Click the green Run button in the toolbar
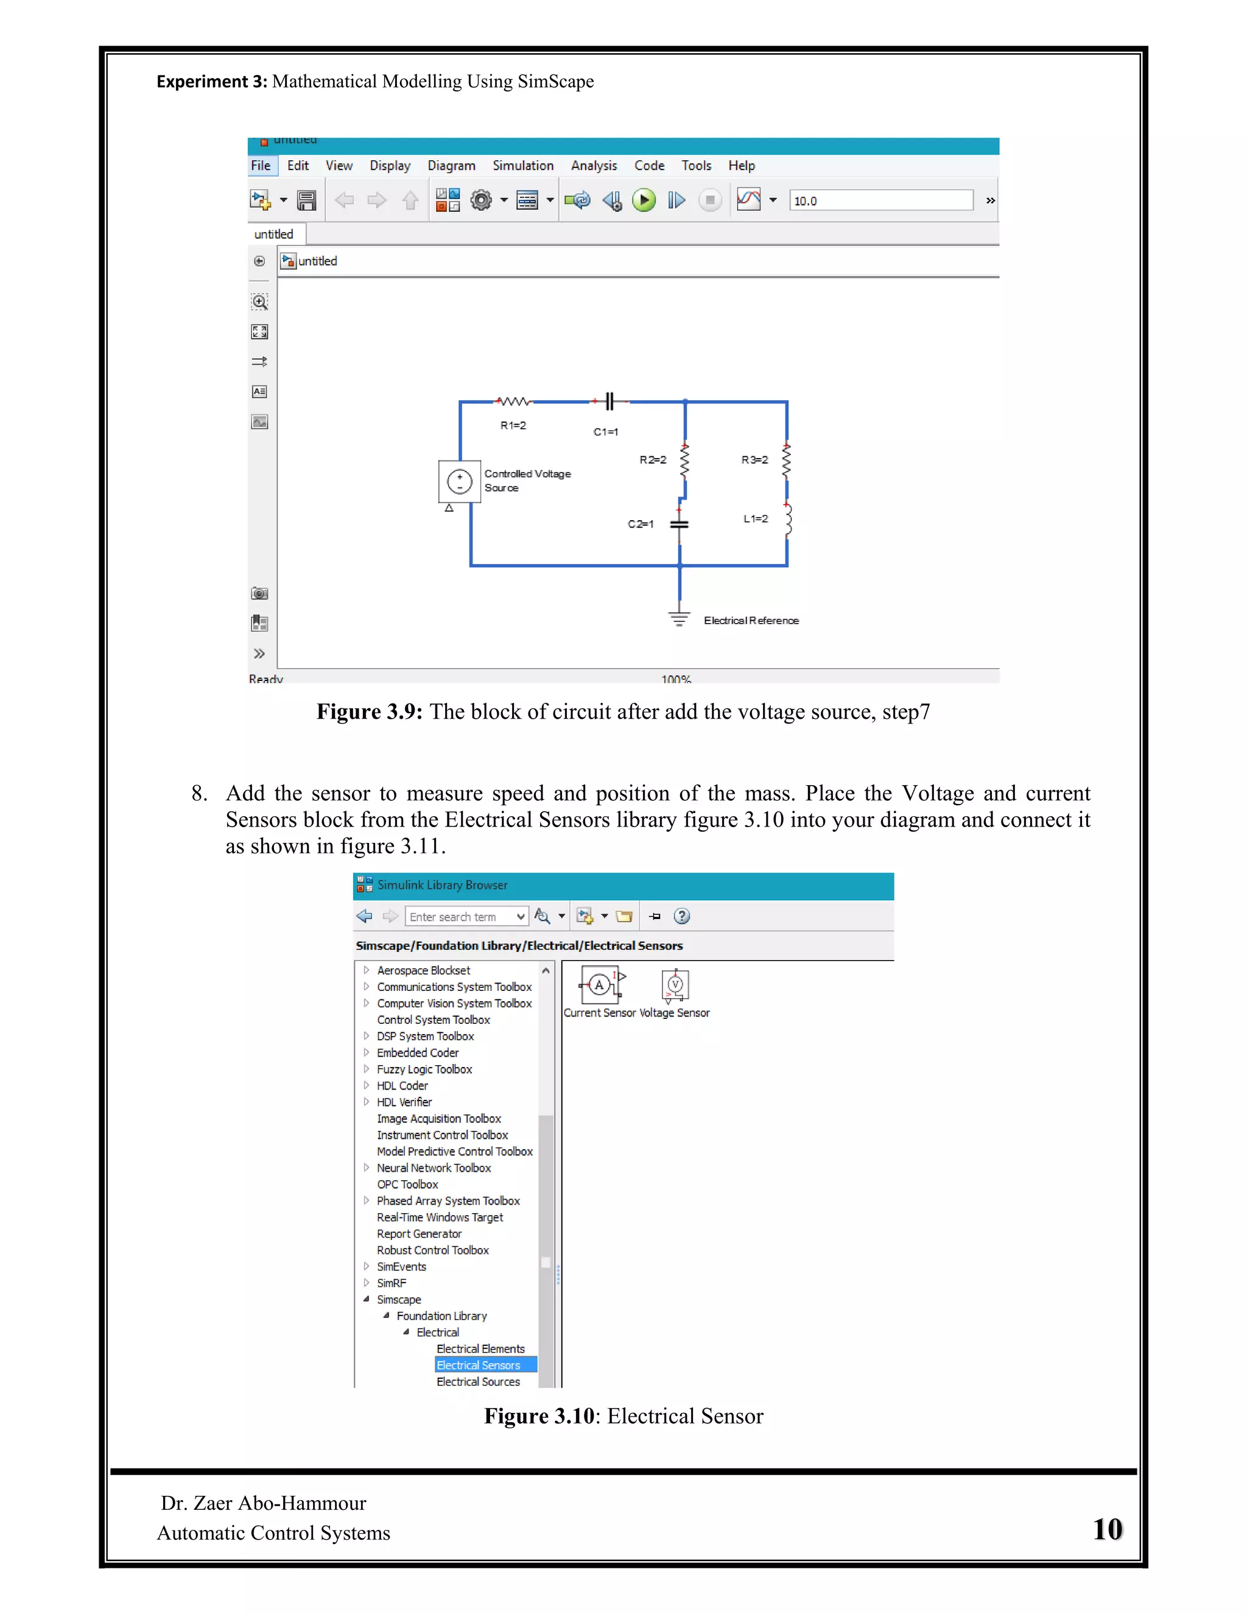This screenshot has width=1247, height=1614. click(x=644, y=200)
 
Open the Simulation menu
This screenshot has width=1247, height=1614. click(x=523, y=166)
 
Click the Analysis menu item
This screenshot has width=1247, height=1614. click(x=593, y=166)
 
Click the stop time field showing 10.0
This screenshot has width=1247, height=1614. click(x=880, y=200)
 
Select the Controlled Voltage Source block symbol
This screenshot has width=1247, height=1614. click(x=460, y=482)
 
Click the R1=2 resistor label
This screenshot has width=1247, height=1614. click(x=513, y=426)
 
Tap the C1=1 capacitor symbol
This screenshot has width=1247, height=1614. click(x=609, y=401)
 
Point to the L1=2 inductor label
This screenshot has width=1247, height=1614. click(x=755, y=519)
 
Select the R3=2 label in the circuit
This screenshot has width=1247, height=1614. click(x=754, y=460)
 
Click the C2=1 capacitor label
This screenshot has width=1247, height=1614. click(x=641, y=524)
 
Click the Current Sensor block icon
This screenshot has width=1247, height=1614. click(x=600, y=985)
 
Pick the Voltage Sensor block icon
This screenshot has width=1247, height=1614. click(x=675, y=985)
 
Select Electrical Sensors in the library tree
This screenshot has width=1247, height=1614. click(x=478, y=1365)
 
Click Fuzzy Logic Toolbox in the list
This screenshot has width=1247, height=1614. click(x=424, y=1070)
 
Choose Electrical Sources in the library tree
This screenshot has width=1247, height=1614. click(x=478, y=1382)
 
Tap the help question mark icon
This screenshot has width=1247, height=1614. click(x=682, y=917)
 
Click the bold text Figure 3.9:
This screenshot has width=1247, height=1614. click(x=370, y=711)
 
